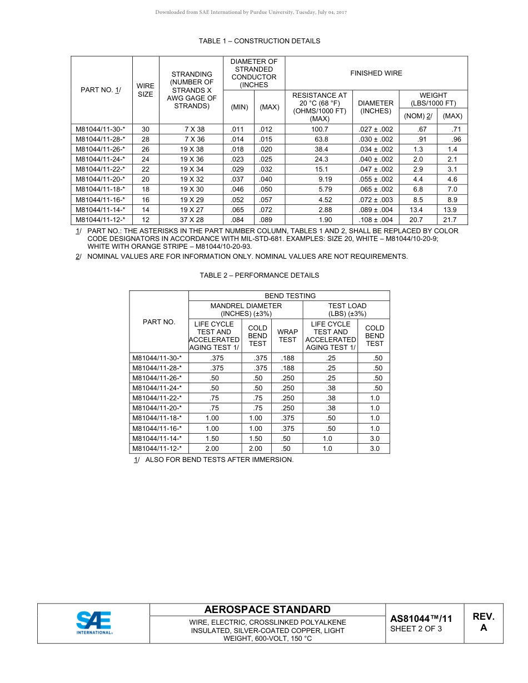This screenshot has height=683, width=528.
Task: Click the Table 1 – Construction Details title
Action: click(259, 41)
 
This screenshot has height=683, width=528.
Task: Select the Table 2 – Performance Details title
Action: click(259, 275)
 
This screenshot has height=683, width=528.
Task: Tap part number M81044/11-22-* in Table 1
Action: click(100, 169)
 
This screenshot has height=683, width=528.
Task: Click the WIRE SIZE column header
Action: click(145, 90)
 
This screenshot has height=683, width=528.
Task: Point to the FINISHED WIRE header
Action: click(376, 73)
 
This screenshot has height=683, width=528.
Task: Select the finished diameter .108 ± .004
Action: click(376, 220)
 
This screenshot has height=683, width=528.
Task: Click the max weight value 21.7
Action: click(452, 220)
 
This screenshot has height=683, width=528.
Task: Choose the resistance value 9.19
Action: click(325, 179)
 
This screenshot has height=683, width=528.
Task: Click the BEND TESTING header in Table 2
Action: click(290, 296)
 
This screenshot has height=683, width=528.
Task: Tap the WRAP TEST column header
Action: click(287, 336)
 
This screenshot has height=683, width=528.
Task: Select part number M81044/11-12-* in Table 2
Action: click(157, 449)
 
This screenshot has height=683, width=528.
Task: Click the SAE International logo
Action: click(94, 623)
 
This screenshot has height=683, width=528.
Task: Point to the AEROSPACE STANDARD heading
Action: click(267, 610)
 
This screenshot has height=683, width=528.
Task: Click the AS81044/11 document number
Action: click(421, 619)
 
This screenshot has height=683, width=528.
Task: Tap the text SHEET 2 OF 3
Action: click(416, 629)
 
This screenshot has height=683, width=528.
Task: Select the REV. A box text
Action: click(483, 622)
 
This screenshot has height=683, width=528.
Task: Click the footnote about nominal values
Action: click(247, 257)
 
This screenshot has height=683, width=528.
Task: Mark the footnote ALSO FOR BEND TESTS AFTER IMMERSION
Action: click(219, 460)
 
